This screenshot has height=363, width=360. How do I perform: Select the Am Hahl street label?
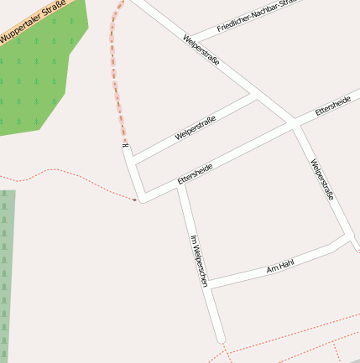click(280, 267)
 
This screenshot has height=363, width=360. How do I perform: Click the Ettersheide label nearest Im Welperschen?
click(196, 174)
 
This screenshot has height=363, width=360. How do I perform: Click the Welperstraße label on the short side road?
click(196, 128)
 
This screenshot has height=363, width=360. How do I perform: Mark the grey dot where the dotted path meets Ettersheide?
click(135, 200)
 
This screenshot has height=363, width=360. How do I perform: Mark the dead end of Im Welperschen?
click(221, 339)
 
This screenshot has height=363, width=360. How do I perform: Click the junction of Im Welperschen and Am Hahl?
click(209, 286)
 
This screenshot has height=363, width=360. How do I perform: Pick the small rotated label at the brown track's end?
click(126, 148)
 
